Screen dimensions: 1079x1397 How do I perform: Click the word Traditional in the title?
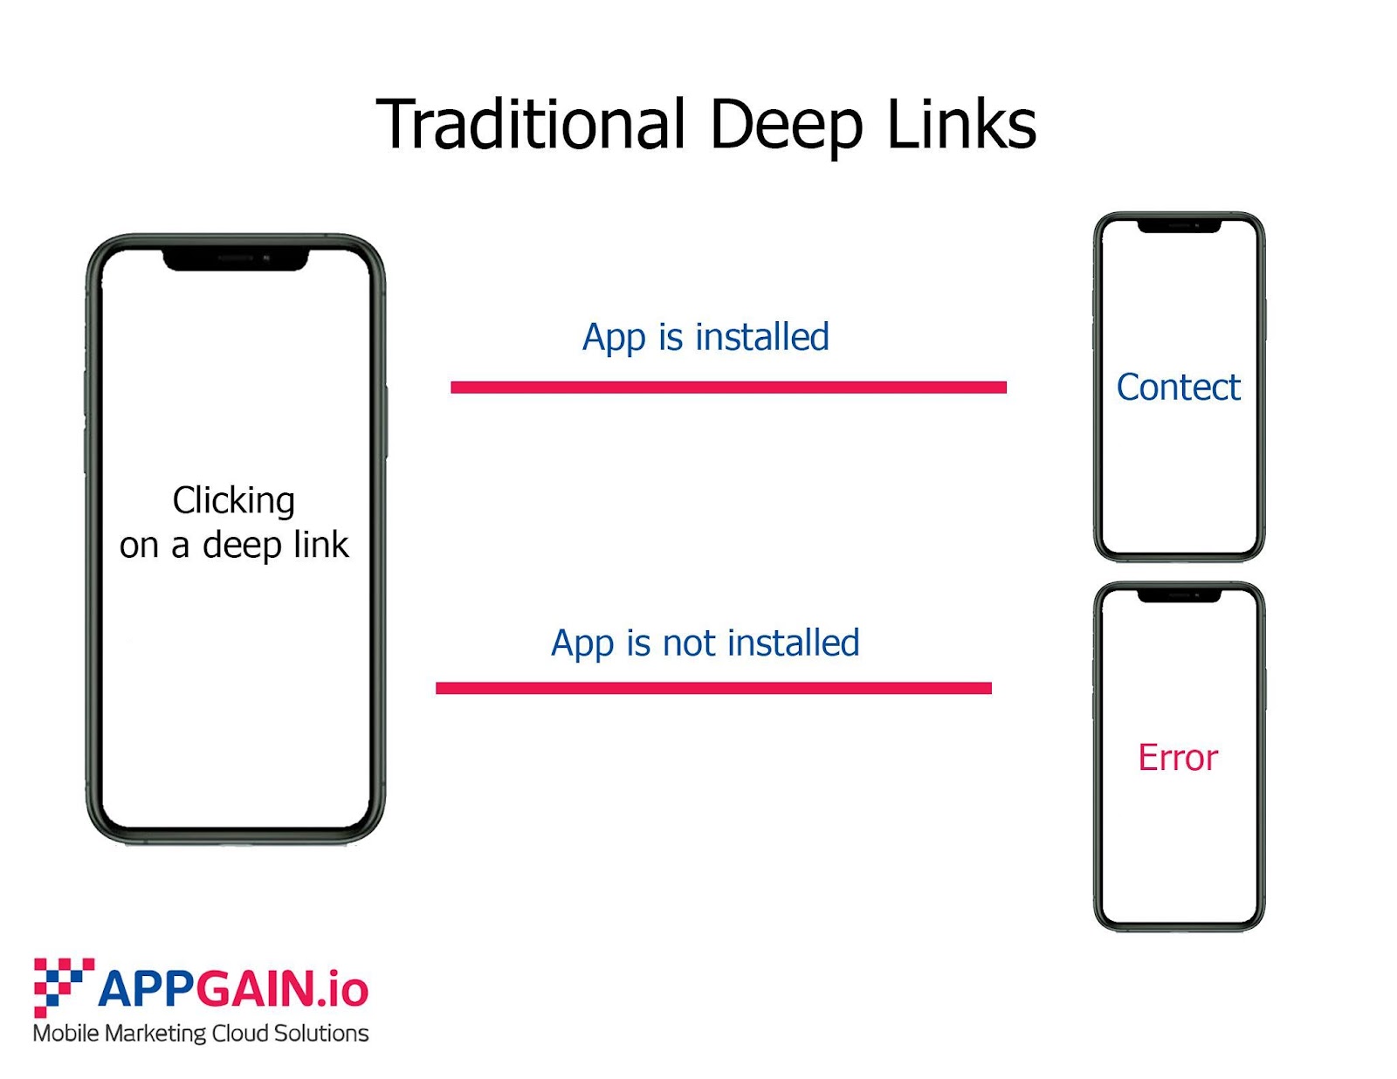pos(530,124)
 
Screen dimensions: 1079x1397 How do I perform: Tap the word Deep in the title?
pos(786,126)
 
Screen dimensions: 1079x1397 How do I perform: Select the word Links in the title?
pos(961,124)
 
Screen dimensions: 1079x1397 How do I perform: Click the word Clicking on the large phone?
pos(234,501)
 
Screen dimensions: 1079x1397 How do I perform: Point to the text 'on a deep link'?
pos(234,546)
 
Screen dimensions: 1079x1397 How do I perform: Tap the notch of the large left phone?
pos(236,259)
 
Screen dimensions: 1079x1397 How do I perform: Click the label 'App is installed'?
pos(705,338)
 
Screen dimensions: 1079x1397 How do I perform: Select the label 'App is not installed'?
pos(705,644)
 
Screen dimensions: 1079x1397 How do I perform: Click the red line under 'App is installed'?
pos(728,387)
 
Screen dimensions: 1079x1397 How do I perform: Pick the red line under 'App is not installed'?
pos(713,688)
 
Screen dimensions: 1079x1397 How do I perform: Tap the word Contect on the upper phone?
pos(1178,388)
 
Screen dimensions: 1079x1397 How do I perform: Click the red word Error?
pos(1177,758)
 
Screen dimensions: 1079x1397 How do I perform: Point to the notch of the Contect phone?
pos(1179,226)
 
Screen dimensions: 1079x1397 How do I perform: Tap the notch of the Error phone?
pos(1179,595)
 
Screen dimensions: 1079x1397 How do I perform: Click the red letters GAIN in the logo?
pos(254,990)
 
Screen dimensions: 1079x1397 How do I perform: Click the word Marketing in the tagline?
pos(155,1034)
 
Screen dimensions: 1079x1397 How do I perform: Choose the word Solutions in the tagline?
pos(320,1034)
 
